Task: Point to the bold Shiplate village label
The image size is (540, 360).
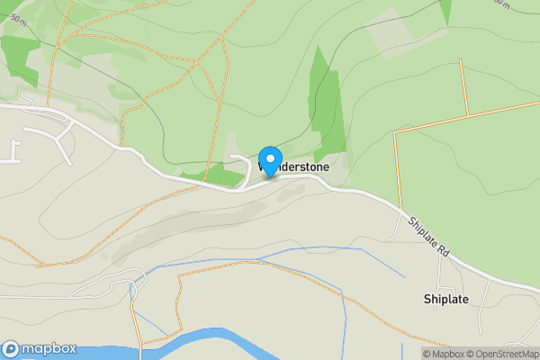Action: pos(445,299)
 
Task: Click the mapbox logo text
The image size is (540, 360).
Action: pos(49,348)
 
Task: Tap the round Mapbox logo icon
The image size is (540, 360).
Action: pos(11,348)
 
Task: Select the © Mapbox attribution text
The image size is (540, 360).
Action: pos(443,354)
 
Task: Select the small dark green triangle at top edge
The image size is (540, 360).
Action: pos(445,9)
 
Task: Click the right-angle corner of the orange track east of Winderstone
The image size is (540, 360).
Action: pos(396,132)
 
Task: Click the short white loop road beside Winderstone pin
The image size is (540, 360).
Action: pos(243,166)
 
